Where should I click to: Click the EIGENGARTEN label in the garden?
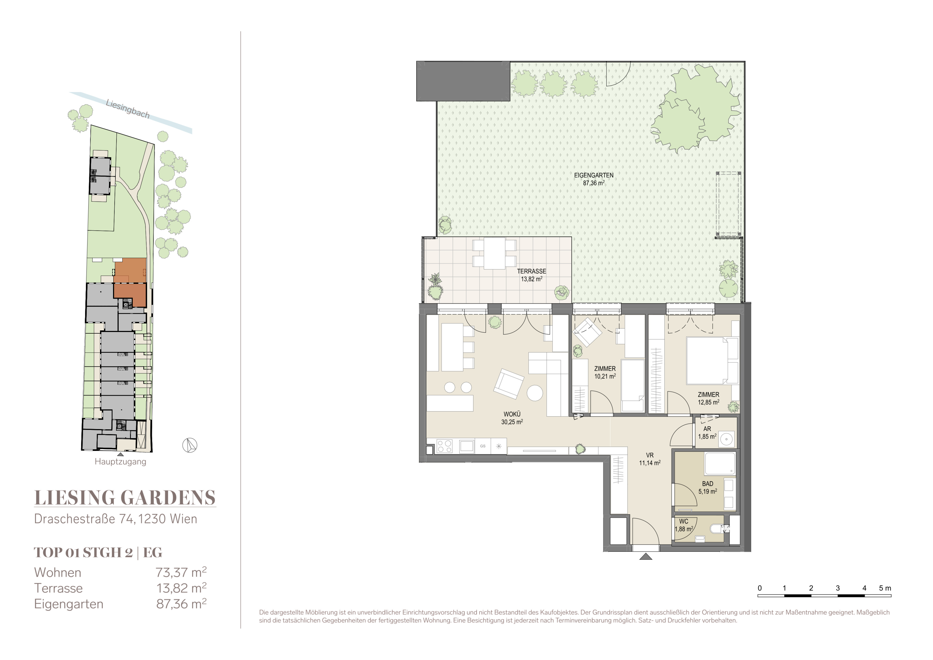coord(594,175)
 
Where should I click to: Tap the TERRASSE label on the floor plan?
coord(532,271)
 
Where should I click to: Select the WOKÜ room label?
coord(512,414)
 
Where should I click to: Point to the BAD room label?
coord(707,484)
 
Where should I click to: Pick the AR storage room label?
coord(707,429)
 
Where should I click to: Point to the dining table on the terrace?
coord(494,253)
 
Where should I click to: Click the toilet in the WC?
coord(718,529)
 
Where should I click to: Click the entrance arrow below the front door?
coord(645,556)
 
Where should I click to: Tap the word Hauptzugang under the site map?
coord(120,462)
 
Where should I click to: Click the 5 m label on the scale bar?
coord(885,588)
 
